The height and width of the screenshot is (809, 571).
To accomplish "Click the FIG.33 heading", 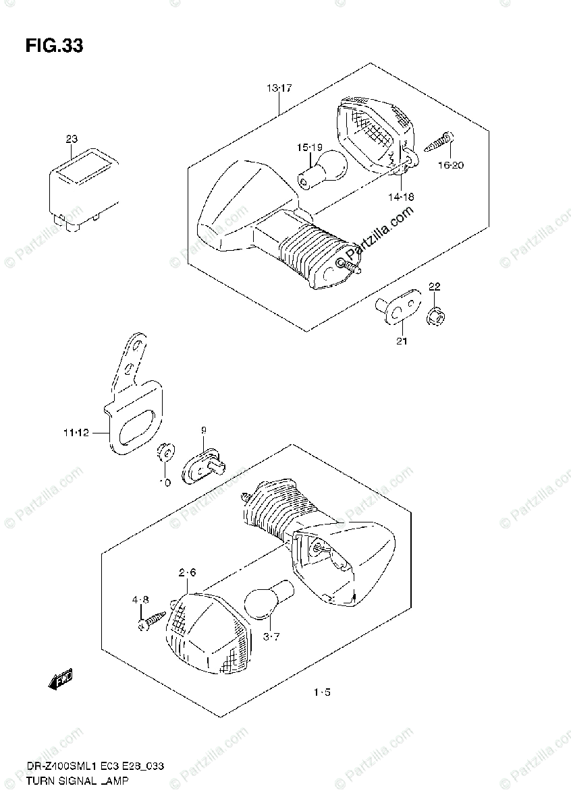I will coord(54,46).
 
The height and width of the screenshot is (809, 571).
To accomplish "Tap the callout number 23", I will coord(72,139).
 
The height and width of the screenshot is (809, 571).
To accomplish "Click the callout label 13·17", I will coord(278,88).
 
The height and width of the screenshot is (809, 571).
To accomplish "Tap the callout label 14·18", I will coord(401,196).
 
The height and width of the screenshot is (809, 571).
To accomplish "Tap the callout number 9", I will coord(202,429).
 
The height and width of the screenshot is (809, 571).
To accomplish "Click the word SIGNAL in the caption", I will coord(72,781).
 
